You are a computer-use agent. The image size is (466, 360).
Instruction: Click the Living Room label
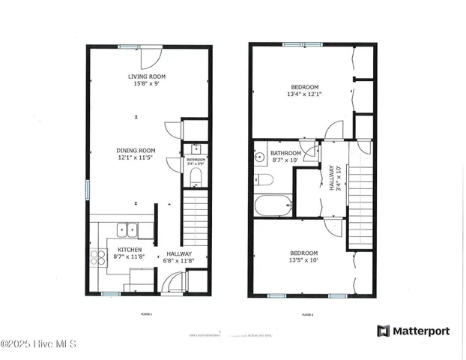click(147, 76)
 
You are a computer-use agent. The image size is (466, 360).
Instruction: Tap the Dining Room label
click(135, 149)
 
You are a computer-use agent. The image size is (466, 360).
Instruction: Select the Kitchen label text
click(129, 250)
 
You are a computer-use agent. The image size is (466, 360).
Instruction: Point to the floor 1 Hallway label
click(179, 253)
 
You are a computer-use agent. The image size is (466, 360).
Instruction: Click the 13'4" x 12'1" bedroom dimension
click(303, 94)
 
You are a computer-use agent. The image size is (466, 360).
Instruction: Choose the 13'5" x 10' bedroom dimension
click(303, 259)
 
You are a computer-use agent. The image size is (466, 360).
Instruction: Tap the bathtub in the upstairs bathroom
click(273, 205)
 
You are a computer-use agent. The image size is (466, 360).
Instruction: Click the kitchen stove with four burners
click(99, 258)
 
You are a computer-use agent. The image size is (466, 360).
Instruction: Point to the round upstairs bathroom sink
click(260, 157)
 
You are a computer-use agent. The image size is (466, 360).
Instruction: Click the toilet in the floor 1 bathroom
click(195, 176)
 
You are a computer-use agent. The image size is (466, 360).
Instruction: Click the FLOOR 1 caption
click(147, 313)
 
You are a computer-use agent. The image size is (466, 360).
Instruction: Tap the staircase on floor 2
click(361, 195)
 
